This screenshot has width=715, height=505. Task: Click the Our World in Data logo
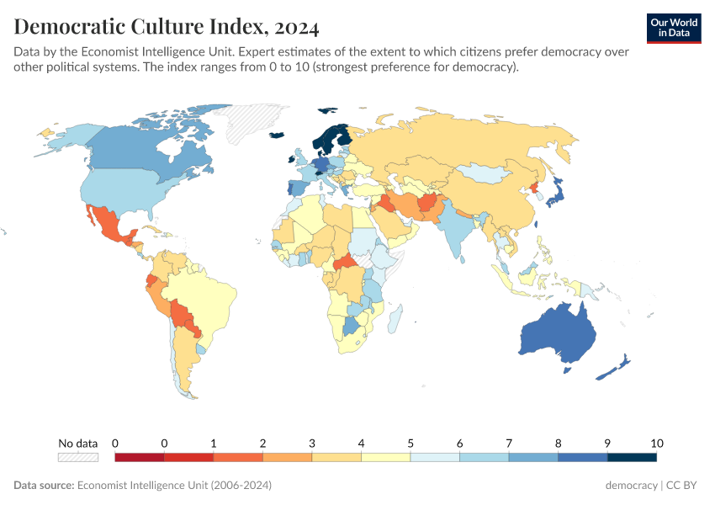(674, 28)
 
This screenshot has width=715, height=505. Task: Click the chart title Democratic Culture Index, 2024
(167, 27)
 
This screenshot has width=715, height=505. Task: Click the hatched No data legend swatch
(78, 457)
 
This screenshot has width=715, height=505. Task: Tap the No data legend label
(78, 444)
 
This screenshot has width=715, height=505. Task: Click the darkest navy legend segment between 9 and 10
(632, 457)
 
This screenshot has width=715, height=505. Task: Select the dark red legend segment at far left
(139, 457)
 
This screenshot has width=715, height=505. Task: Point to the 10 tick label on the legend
(657, 444)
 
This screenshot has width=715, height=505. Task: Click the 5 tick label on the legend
(410, 444)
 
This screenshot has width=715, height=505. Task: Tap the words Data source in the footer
(44, 486)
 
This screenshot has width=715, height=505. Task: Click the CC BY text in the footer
(684, 486)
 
